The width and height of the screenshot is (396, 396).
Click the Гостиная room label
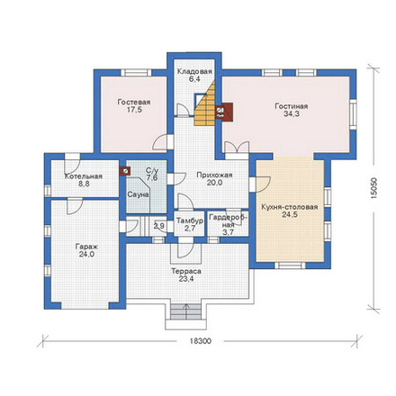[292, 106]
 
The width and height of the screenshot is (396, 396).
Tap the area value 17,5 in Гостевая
[134, 110]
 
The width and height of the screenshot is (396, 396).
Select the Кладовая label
[194, 72]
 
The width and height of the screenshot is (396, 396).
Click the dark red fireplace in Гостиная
[224, 112]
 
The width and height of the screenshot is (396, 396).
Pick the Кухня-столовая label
[290, 207]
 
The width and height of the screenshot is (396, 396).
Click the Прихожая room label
[214, 175]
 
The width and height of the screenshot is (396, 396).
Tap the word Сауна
[138, 194]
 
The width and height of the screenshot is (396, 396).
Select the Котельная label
[84, 176]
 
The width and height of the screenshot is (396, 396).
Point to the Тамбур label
[190, 220]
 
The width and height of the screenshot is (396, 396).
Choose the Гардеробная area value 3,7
[229, 232]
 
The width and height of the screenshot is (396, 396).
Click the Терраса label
[186, 271]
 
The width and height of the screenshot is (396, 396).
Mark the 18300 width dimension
[201, 341]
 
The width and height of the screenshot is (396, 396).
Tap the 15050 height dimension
[373, 189]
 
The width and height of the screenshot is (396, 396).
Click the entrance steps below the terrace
[185, 311]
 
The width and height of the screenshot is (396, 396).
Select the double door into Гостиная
[237, 148]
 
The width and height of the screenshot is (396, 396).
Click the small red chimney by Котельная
[125, 171]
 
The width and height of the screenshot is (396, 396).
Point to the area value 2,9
[159, 226]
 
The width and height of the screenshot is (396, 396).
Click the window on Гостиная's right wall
[353, 114]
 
